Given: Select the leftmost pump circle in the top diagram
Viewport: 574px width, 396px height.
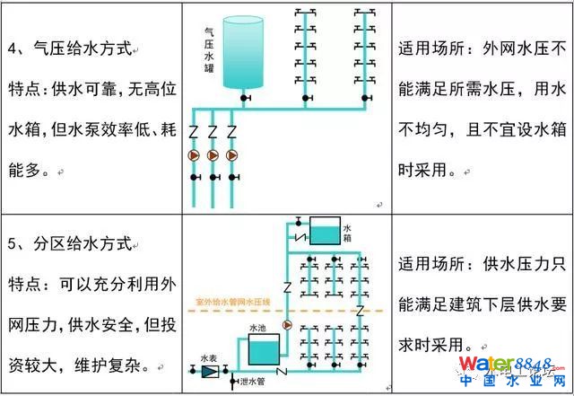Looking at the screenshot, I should (193, 154).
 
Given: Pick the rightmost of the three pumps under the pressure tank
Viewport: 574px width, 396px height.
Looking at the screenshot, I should (232, 154).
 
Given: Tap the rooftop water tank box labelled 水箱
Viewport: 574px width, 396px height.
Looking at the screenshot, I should (324, 231).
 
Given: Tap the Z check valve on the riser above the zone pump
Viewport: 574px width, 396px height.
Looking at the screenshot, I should (288, 287).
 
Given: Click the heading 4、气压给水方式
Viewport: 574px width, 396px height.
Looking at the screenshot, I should (69, 47).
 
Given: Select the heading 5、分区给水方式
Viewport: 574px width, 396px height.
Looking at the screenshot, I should (69, 243).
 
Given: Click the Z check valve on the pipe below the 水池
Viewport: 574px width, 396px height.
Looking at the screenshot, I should (282, 371).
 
